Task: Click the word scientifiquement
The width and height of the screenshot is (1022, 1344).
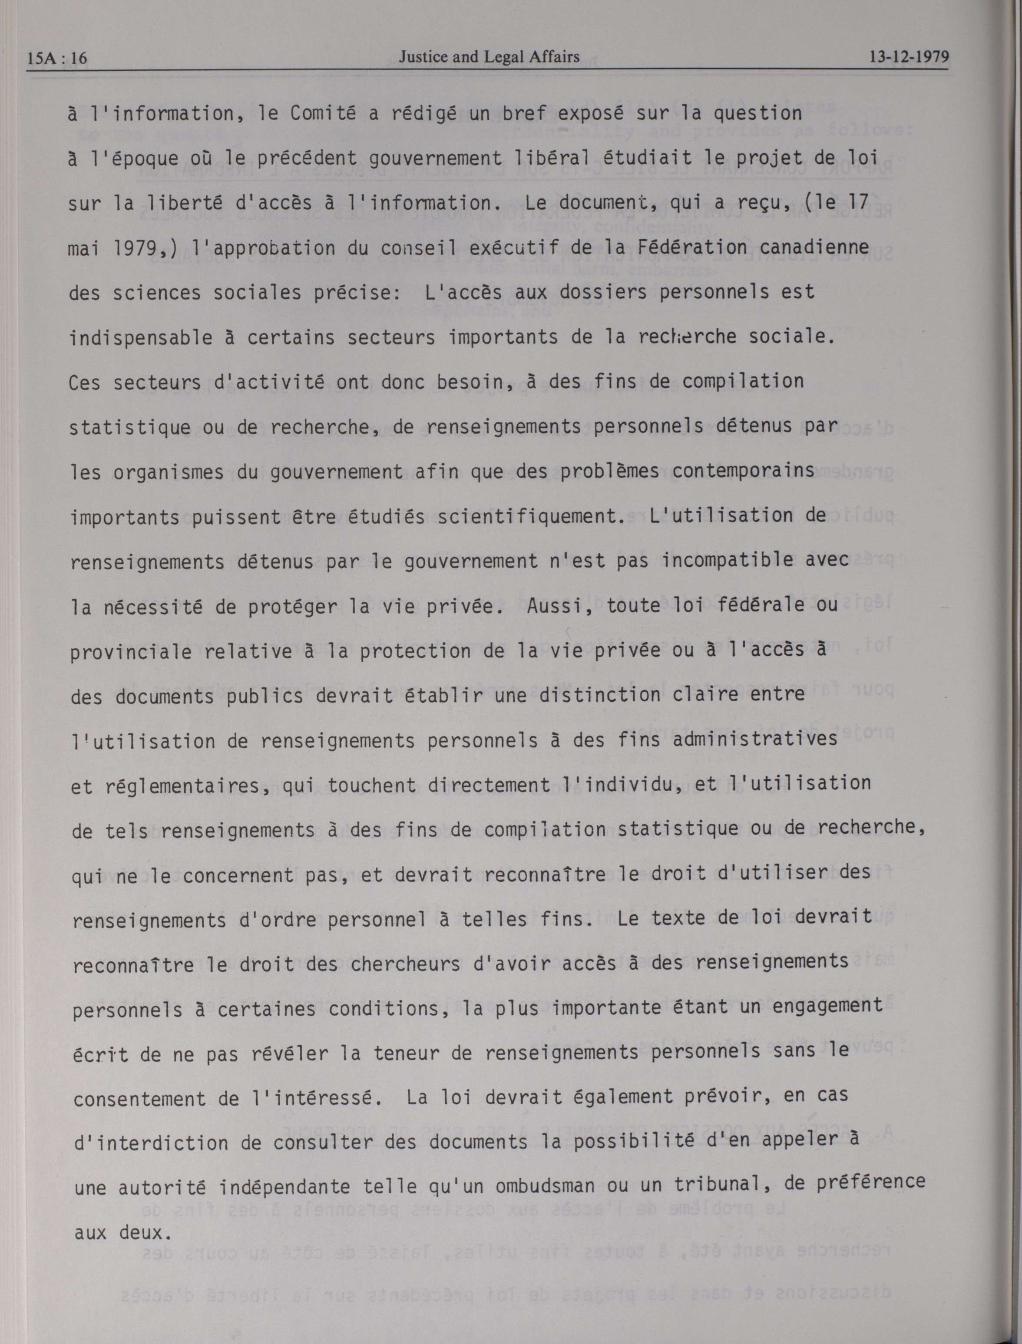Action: coord(526,517)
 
